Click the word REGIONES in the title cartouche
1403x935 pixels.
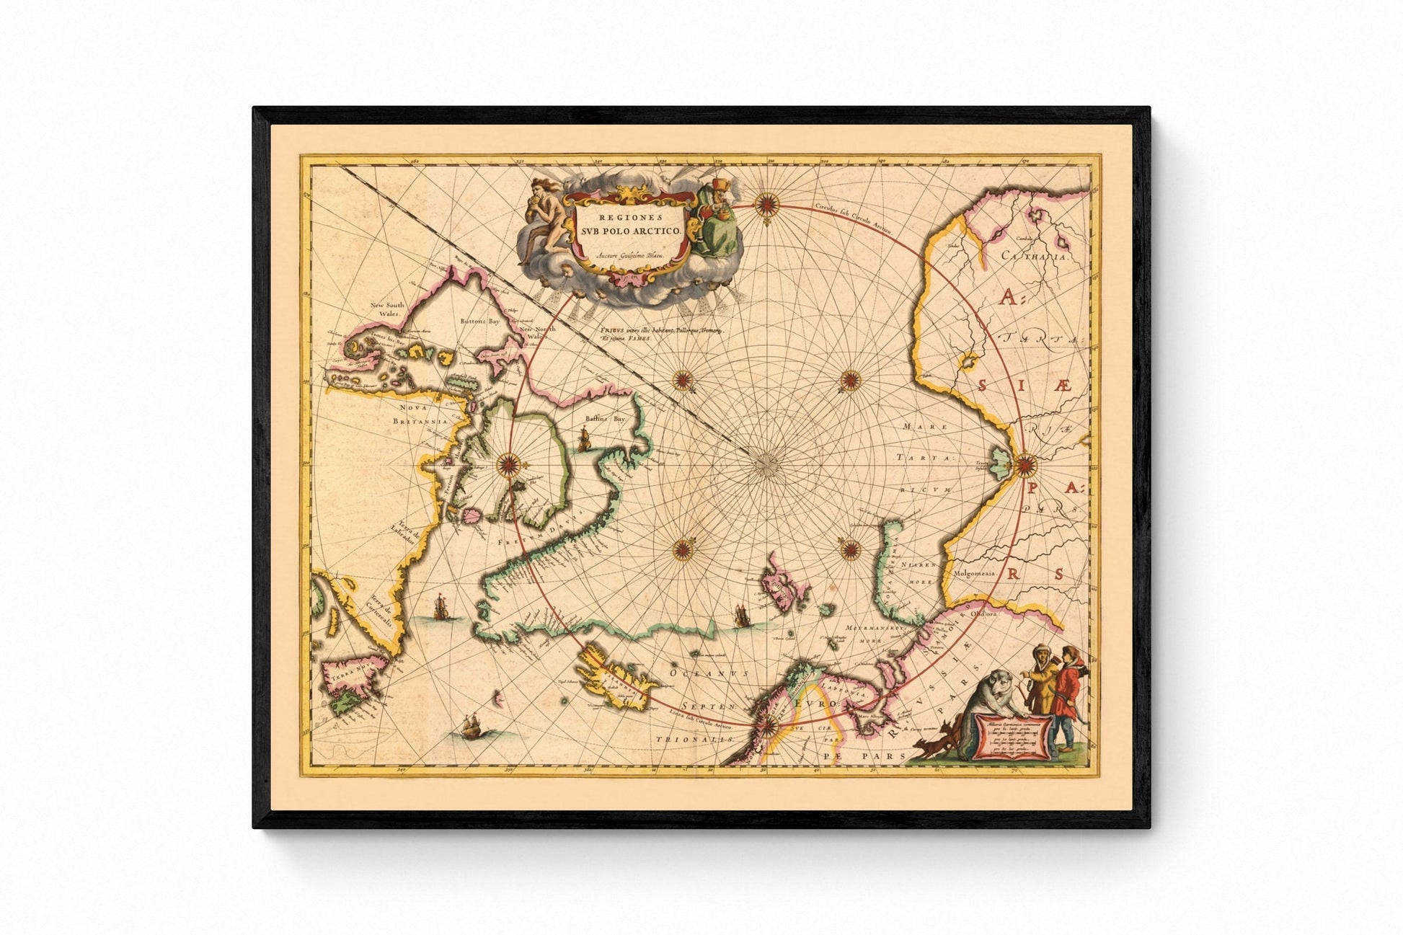tap(624, 216)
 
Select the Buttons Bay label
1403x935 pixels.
tap(480, 322)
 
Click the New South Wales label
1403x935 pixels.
tap(387, 309)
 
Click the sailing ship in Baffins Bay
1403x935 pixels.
tap(585, 438)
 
